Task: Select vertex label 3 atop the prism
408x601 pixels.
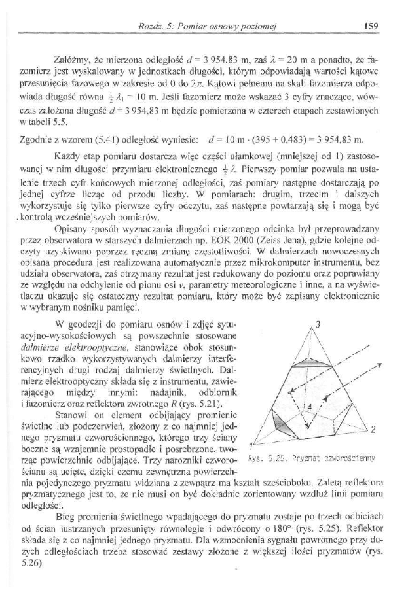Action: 318,325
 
